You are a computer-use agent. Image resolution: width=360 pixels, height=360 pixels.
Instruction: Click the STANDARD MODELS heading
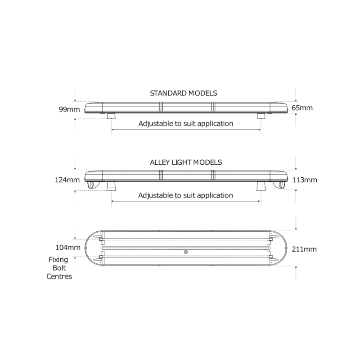pyautogui.click(x=184, y=93)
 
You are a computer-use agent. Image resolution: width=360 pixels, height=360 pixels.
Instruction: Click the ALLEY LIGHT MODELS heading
pyautogui.click(x=186, y=162)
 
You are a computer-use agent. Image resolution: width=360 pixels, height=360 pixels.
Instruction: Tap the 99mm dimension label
pyautogui.click(x=69, y=109)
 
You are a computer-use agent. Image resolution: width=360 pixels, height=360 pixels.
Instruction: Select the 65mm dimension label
pyautogui.click(x=302, y=108)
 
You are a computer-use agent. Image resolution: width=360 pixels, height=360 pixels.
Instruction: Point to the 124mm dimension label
pyautogui.click(x=67, y=180)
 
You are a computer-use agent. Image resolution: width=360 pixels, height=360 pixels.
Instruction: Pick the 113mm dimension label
pyautogui.click(x=305, y=180)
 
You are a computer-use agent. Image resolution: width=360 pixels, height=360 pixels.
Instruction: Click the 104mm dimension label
pyautogui.click(x=68, y=247)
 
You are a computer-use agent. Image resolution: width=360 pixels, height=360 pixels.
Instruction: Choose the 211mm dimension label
pyautogui.click(x=304, y=249)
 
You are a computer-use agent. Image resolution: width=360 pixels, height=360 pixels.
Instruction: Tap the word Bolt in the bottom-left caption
pyautogui.click(x=59, y=268)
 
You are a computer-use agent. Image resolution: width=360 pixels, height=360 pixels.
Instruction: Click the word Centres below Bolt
pyautogui.click(x=59, y=276)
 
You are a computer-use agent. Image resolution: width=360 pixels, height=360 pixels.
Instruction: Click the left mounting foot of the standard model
pyautogui.click(x=111, y=116)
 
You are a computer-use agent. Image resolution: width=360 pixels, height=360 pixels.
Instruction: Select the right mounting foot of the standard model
pyautogui.click(x=261, y=116)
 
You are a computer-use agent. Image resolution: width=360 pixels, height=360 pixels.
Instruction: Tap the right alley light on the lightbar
pyautogui.click(x=280, y=185)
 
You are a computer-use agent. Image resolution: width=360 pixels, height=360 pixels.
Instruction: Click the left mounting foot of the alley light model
pyautogui.click(x=111, y=186)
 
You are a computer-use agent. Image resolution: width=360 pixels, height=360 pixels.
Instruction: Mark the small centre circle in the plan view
pyautogui.click(x=186, y=252)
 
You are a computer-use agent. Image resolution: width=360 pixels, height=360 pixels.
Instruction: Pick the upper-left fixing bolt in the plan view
pyautogui.click(x=100, y=239)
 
